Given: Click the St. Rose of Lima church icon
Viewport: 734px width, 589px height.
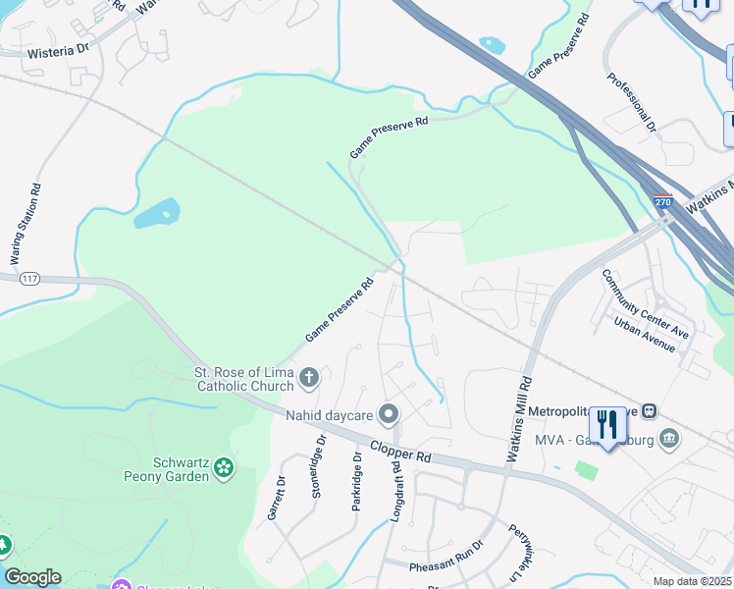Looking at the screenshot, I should tap(309, 377).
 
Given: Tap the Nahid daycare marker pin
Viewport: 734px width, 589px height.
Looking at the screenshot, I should tap(389, 414).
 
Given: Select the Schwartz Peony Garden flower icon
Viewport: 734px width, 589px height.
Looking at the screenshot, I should tap(225, 467).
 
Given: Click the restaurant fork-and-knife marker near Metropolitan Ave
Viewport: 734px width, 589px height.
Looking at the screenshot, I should tap(607, 425).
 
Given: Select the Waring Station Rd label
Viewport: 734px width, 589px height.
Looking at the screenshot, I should tap(26, 225).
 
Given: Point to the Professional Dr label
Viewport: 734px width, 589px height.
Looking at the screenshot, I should tap(631, 103).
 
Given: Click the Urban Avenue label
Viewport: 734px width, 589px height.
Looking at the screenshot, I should tap(645, 335).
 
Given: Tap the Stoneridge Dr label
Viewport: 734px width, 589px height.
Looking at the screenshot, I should tap(316, 473).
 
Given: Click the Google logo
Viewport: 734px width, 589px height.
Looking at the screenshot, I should tap(32, 577).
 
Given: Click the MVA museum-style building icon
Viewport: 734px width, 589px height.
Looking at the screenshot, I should tap(669, 437).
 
